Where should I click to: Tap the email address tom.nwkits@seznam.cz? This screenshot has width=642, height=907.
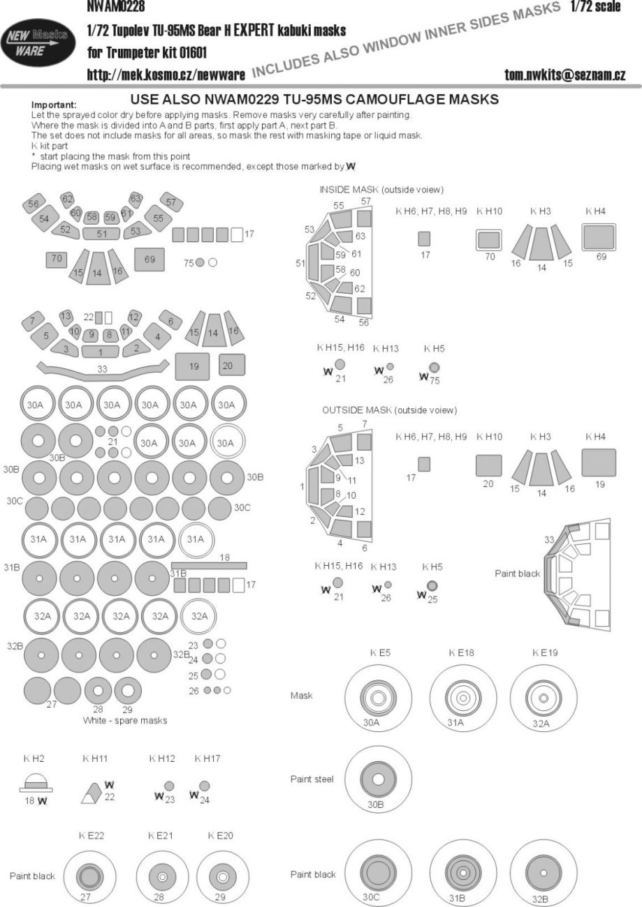click(564, 75)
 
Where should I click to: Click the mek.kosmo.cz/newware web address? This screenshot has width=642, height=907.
click(165, 75)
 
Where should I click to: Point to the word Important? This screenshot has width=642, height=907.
click(57, 105)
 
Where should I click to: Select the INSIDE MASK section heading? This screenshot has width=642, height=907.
click(381, 190)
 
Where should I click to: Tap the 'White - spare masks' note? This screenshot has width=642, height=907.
click(124, 720)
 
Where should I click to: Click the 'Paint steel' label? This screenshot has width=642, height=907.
click(312, 779)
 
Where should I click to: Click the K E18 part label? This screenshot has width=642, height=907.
click(462, 653)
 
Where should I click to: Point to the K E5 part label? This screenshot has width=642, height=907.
click(380, 653)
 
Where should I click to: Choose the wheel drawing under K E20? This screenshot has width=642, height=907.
click(223, 876)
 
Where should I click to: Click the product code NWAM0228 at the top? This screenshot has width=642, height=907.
click(116, 7)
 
